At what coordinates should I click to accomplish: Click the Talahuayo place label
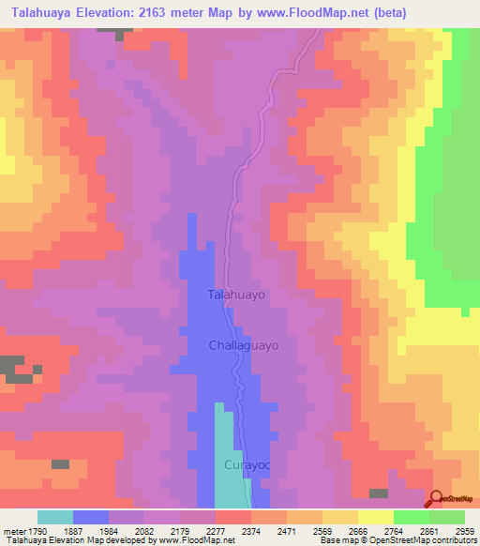tap(237, 295)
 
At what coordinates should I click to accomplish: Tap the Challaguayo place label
tap(244, 345)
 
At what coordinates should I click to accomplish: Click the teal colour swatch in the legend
tap(55, 517)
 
